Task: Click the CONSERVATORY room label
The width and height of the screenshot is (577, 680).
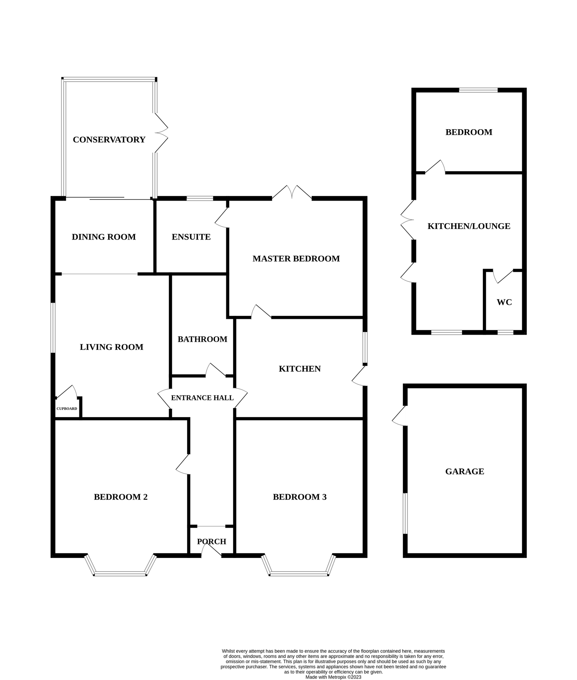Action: pos(109,140)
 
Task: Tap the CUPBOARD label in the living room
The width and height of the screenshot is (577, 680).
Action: pos(67,409)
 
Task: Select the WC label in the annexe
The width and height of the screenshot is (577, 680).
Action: pos(504,302)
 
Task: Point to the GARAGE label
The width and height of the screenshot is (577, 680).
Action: pos(464,471)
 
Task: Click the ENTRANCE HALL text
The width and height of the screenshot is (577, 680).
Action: pos(202,398)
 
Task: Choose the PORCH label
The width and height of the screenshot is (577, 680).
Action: pos(212,542)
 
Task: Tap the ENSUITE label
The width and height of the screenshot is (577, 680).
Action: pos(191,237)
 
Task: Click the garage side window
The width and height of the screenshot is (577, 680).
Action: pos(405,513)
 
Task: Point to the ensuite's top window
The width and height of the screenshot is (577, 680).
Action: pos(200,198)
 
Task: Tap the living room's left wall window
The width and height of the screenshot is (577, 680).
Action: pos(53,328)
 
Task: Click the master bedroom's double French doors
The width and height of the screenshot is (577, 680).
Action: pos(292,192)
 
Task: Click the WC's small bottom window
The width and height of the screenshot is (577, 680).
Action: pos(505,332)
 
